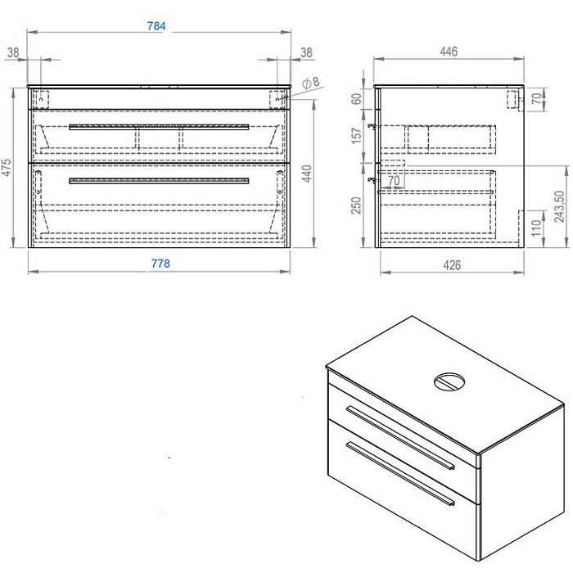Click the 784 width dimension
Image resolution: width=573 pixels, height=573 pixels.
pyautogui.click(x=156, y=26)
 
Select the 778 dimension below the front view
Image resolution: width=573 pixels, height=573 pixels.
pyautogui.click(x=160, y=264)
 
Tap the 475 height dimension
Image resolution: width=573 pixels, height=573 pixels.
pyautogui.click(x=7, y=168)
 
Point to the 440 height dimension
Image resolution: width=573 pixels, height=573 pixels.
pyautogui.click(x=307, y=174)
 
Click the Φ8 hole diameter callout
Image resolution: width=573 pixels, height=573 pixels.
pyautogui.click(x=310, y=83)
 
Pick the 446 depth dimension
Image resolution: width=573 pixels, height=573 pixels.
pyautogui.click(x=449, y=52)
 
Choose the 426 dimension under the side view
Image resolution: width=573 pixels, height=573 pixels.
pyautogui.click(x=452, y=265)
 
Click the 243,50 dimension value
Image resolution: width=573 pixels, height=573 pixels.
pyautogui.click(x=559, y=206)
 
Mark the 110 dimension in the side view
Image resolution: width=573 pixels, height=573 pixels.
pyautogui.click(x=536, y=228)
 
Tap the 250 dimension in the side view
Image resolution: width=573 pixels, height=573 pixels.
pyautogui.click(x=356, y=205)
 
